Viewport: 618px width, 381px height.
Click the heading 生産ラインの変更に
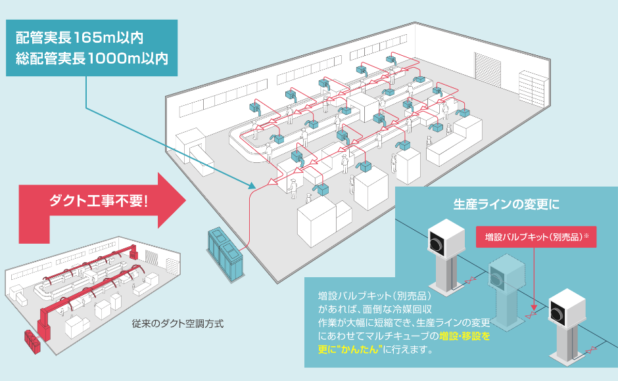(506, 204)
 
